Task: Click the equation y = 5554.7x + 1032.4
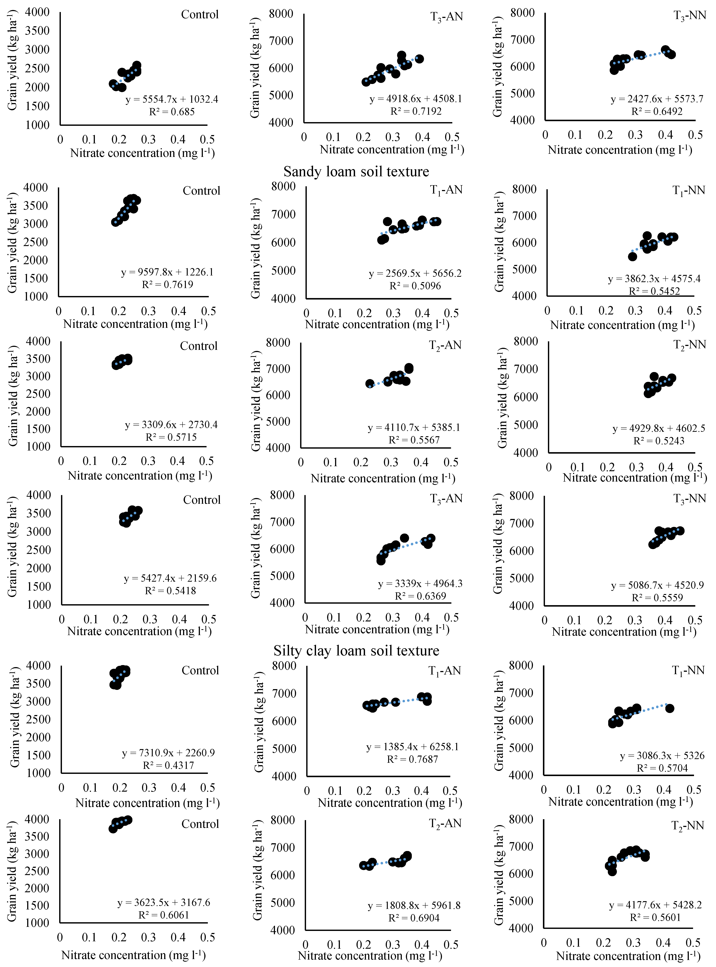click(x=172, y=99)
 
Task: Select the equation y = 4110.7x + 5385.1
click(x=414, y=428)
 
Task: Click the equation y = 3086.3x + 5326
click(x=662, y=755)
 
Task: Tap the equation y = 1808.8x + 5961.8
click(x=414, y=905)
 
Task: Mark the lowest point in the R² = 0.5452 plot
click(x=632, y=257)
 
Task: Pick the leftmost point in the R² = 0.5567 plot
click(x=370, y=384)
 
